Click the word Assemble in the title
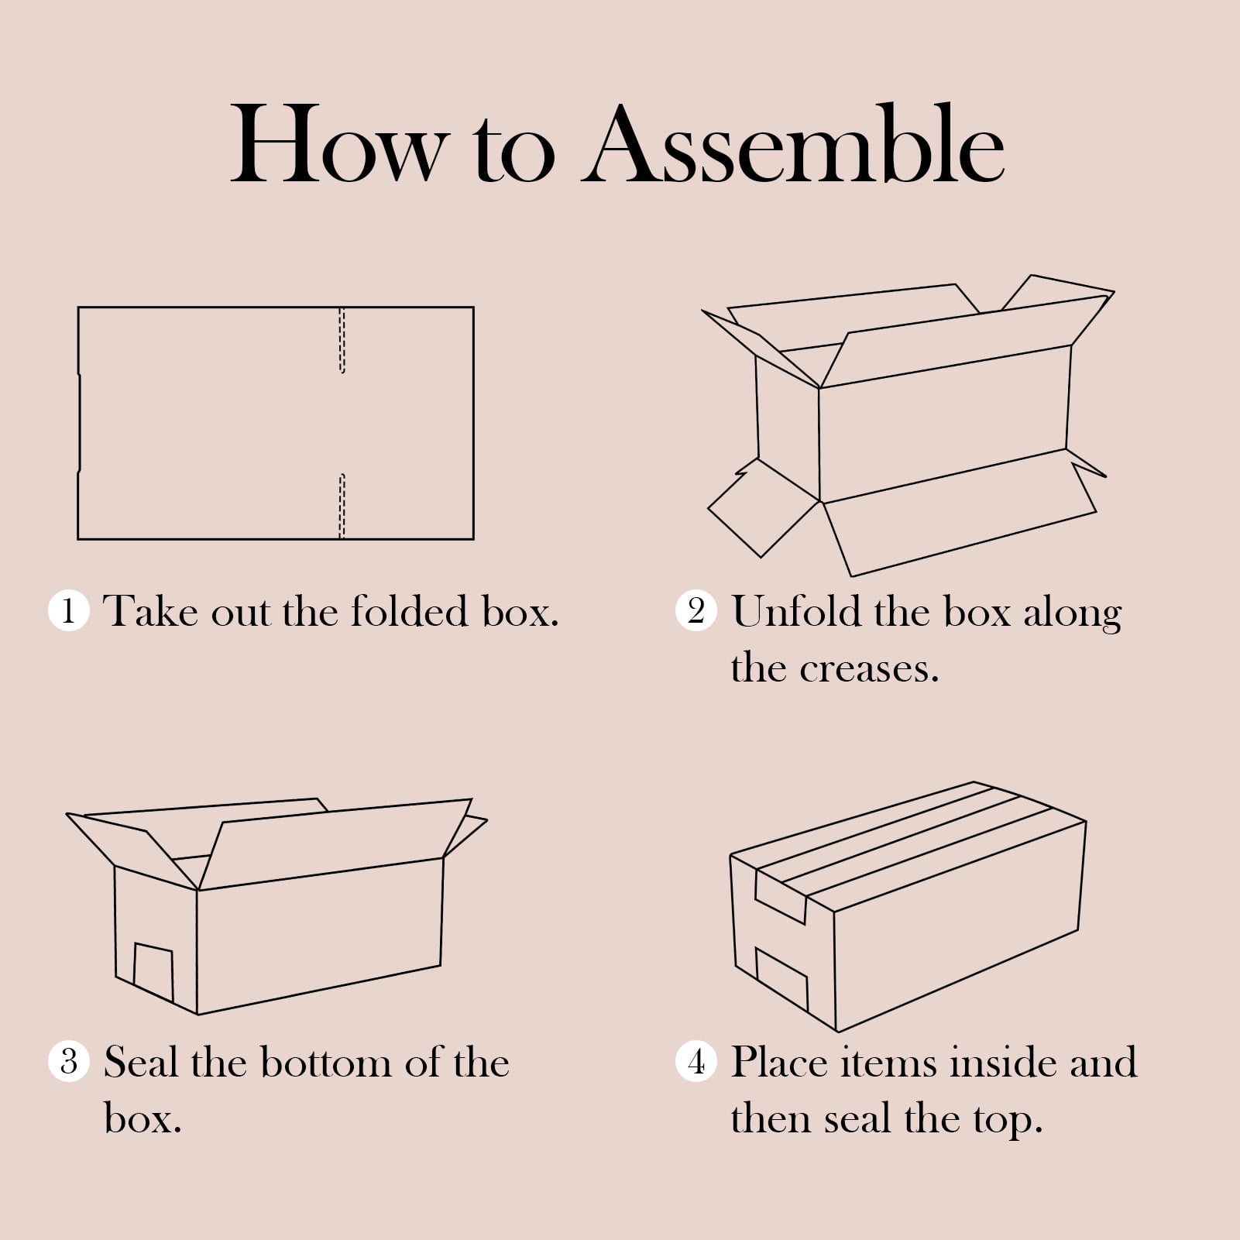[x=794, y=146]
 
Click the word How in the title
[x=339, y=146]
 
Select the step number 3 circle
[x=69, y=1061]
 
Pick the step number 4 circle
[x=696, y=1061]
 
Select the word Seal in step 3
[x=143, y=1062]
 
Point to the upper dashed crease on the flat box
[x=342, y=341]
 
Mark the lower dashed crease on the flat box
[x=342, y=506]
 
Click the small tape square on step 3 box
[x=153, y=973]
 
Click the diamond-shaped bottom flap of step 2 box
[x=764, y=507]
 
